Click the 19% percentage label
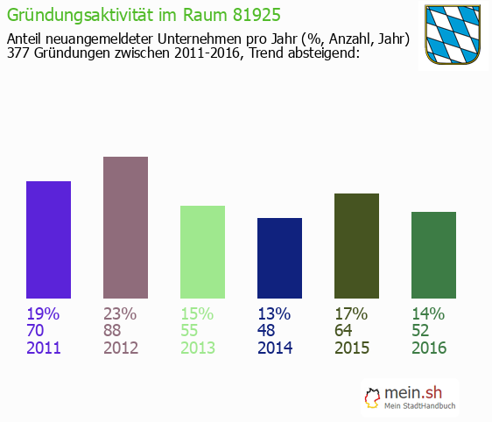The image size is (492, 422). (x=43, y=313)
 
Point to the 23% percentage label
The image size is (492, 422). (x=120, y=313)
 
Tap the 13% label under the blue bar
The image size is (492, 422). (x=274, y=313)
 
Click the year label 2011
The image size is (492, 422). (x=44, y=348)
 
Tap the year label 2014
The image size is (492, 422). (x=275, y=348)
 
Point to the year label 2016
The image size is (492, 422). (x=429, y=348)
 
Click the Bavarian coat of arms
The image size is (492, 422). (x=453, y=34)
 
